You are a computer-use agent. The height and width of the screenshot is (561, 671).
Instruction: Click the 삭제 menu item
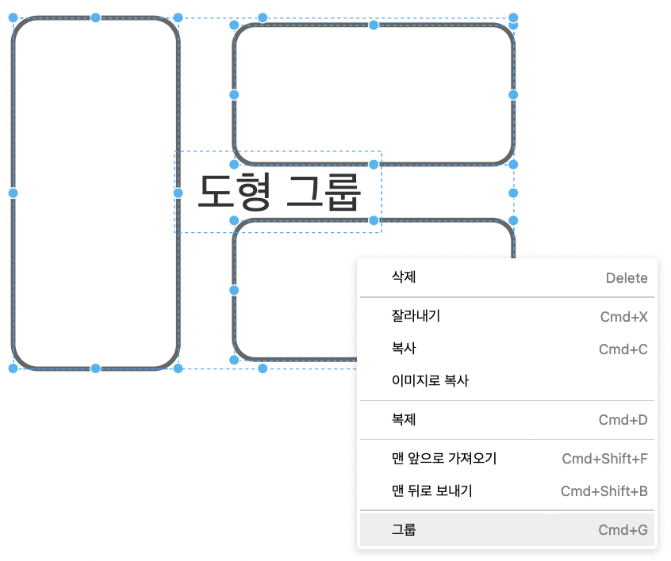(404, 277)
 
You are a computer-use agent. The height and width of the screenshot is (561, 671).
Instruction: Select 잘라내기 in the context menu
(416, 316)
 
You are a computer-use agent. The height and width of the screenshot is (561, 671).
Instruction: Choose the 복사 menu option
(404, 349)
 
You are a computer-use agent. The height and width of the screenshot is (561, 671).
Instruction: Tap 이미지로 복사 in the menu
(430, 381)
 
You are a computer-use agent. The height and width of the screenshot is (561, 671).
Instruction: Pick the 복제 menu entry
(404, 420)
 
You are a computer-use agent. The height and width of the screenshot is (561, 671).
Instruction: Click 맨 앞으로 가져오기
(444, 459)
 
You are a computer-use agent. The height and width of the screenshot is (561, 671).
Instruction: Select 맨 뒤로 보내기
(432, 491)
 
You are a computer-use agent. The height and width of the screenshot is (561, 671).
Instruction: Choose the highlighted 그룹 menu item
(404, 529)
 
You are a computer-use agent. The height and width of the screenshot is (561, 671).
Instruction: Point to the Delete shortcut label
(627, 278)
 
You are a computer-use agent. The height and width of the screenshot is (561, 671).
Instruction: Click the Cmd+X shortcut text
(623, 317)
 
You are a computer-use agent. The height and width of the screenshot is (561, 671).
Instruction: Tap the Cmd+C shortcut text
(623, 349)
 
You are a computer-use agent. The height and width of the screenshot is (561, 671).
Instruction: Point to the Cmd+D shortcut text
(623, 420)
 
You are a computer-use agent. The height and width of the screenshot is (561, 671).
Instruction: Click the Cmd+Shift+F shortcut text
(604, 459)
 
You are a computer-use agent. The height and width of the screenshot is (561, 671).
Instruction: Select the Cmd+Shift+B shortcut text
(604, 491)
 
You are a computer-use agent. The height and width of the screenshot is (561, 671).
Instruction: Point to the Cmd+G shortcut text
(623, 530)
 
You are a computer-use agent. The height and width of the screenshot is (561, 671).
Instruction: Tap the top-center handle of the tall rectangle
(95, 17)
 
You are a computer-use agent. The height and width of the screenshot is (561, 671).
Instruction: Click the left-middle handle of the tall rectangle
(13, 193)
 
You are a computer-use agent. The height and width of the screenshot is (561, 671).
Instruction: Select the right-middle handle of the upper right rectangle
(513, 94)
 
